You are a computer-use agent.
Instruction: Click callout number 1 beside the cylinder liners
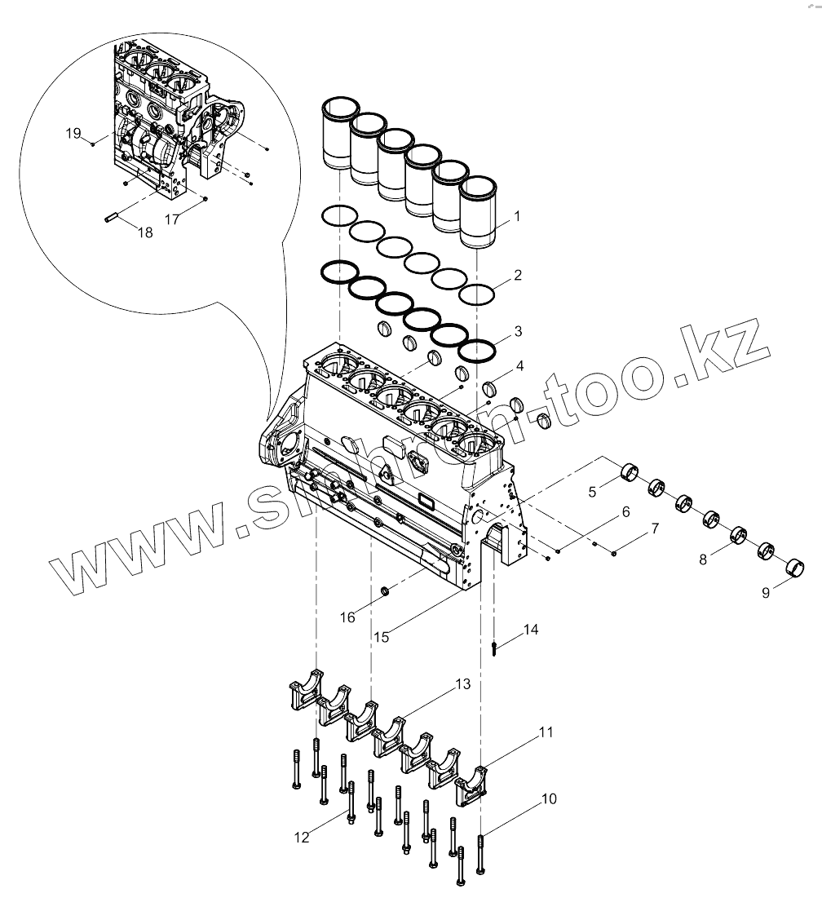(517, 219)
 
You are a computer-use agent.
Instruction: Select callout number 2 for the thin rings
(517, 276)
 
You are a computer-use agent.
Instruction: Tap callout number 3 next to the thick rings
(517, 332)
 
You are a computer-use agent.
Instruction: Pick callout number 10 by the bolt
(549, 799)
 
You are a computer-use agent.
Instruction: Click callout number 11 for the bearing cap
(546, 733)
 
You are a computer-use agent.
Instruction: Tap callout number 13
(463, 685)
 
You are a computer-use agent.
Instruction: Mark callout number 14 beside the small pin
(531, 630)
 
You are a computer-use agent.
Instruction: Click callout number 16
(348, 617)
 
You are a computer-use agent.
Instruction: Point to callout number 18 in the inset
(145, 232)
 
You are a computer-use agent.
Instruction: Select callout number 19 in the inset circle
(73, 133)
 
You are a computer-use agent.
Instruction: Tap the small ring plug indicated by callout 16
(387, 589)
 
